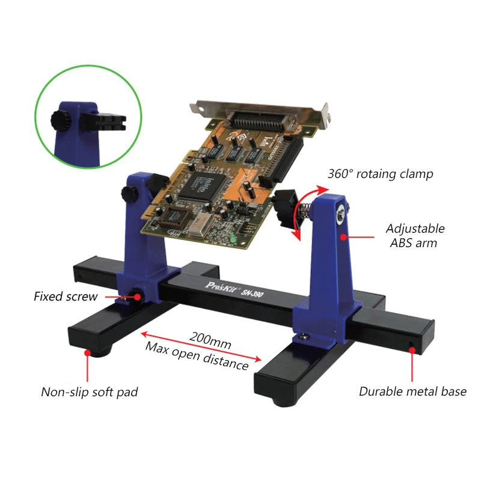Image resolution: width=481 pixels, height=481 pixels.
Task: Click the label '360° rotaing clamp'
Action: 381,174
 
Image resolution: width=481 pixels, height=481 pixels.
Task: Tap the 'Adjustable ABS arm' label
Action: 415,236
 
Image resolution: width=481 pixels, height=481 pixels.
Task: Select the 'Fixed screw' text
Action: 66,296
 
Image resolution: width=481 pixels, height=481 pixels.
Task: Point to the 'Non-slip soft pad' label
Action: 90,392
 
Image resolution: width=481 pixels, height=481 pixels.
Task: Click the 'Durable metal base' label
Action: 412,391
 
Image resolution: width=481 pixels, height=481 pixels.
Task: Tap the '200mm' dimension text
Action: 210,340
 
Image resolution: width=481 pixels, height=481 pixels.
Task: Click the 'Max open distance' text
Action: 197,356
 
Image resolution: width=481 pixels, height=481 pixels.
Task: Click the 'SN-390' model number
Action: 252,293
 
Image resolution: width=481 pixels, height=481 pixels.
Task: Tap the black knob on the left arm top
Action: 129,194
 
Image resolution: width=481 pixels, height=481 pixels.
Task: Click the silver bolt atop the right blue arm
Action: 340,216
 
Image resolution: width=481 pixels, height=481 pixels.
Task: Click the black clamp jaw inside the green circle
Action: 103,121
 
